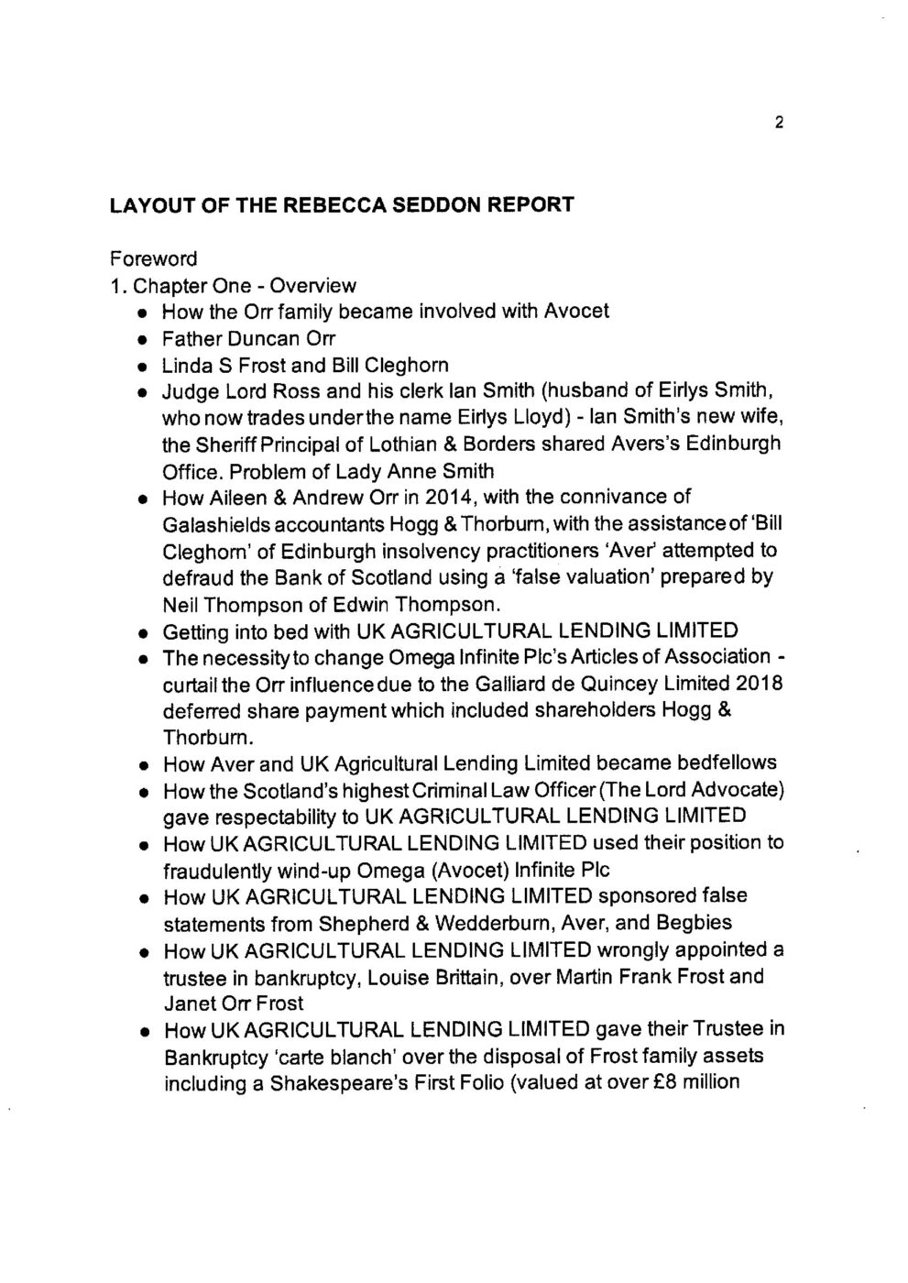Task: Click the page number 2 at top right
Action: click(778, 125)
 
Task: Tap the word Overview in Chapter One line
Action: click(313, 284)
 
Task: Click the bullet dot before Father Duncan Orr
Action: click(144, 339)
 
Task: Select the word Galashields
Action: click(217, 524)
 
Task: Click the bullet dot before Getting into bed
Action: click(144, 632)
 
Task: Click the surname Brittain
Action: click(446, 976)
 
